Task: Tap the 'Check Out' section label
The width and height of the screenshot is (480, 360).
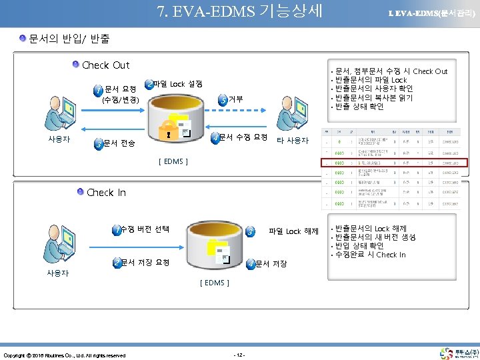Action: pyautogui.click(x=105, y=65)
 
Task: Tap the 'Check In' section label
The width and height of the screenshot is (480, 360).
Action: pyautogui.click(x=106, y=193)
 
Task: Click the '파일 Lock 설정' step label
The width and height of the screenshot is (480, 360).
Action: pyautogui.click(x=177, y=85)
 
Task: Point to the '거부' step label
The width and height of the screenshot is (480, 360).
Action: pyautogui.click(x=235, y=99)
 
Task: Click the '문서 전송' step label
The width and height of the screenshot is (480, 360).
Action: pyautogui.click(x=119, y=143)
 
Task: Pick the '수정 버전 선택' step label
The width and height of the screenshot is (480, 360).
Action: pyautogui.click(x=145, y=229)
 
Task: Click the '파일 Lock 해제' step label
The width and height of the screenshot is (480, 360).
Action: pyautogui.click(x=293, y=231)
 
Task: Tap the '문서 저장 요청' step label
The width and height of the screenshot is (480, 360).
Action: pyautogui.click(x=145, y=263)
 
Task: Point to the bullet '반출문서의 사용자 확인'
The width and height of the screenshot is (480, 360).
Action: pyautogui.click(x=374, y=89)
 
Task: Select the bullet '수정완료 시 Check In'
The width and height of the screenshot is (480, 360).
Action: pyautogui.click(x=371, y=255)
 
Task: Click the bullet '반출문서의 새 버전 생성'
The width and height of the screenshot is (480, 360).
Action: pyautogui.click(x=375, y=237)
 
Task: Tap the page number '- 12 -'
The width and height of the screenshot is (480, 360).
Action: pyautogui.click(x=240, y=353)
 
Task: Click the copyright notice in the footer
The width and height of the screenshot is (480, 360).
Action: pyautogui.click(x=65, y=355)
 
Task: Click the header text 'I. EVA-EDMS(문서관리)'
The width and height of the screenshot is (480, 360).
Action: pyautogui.click(x=432, y=13)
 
